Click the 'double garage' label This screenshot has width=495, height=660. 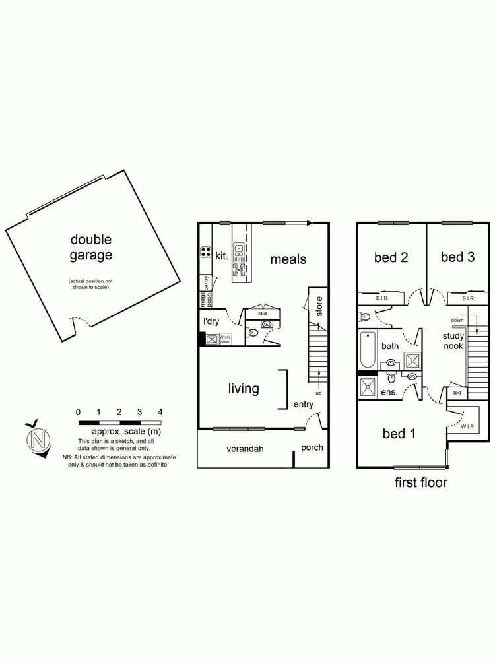pyautogui.click(x=91, y=247)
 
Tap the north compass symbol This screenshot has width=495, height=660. pyautogui.click(x=38, y=438)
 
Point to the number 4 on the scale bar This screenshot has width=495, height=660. pyautogui.click(x=160, y=412)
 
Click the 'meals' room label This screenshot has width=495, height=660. pyautogui.click(x=288, y=259)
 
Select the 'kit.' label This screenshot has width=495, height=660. pyautogui.click(x=221, y=255)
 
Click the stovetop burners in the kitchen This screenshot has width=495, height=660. pyautogui.click(x=205, y=251)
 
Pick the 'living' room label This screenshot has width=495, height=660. pyautogui.click(x=244, y=388)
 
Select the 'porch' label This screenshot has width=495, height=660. pyautogui.click(x=312, y=447)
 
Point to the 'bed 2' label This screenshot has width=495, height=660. pyautogui.click(x=391, y=257)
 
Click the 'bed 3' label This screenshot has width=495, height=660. pyautogui.click(x=457, y=257)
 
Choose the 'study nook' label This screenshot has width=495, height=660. pyautogui.click(x=453, y=341)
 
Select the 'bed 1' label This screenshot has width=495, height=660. pyautogui.click(x=399, y=434)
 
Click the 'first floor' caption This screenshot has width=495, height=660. pyautogui.click(x=420, y=482)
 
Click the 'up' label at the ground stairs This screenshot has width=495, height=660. pyautogui.click(x=318, y=393)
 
